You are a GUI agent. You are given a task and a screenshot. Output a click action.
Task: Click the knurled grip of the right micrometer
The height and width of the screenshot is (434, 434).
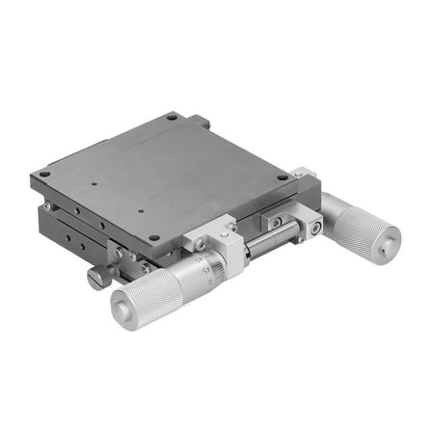point(362,228)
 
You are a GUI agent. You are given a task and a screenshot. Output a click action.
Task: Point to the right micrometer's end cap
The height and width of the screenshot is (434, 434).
point(388,247)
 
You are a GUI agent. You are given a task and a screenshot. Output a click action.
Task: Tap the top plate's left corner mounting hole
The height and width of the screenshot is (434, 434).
point(44,175)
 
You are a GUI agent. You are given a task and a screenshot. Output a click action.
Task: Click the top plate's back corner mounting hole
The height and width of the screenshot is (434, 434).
point(173,117)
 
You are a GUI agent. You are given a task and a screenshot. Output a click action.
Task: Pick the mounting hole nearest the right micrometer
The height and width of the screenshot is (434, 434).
point(283,177)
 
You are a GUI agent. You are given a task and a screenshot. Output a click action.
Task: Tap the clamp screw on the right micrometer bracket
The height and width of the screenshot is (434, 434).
point(315,228)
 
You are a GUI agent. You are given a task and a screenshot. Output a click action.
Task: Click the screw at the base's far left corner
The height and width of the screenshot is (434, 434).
point(45,205)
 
